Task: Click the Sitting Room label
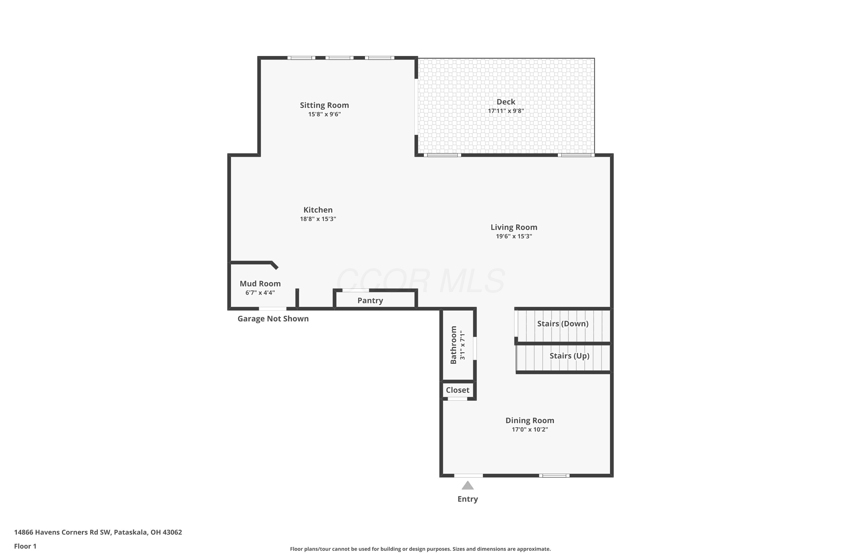click(324, 105)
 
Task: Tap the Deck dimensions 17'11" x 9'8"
click(506, 111)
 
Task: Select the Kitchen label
click(318, 210)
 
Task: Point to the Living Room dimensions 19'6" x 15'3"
click(514, 236)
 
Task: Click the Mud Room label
click(260, 284)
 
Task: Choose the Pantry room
click(375, 300)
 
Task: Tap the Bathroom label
click(453, 345)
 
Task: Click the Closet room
click(458, 390)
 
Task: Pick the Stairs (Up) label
click(569, 356)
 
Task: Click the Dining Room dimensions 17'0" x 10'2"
click(530, 429)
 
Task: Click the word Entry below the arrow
click(468, 499)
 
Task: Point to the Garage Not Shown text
click(273, 319)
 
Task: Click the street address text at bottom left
click(98, 532)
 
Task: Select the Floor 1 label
click(26, 546)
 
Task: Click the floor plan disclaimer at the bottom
click(420, 549)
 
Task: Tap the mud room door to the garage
click(272, 309)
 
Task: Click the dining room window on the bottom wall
click(554, 476)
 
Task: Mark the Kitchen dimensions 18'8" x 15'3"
click(318, 219)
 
